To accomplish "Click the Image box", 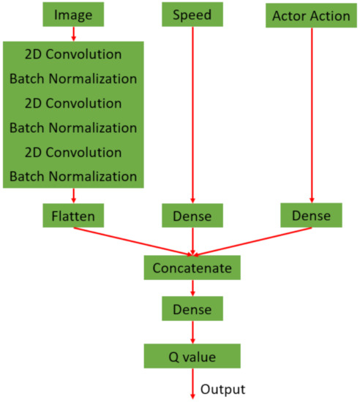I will click(x=73, y=15).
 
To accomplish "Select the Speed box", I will click(x=192, y=15).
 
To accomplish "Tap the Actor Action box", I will click(x=311, y=15).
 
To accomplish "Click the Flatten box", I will click(x=72, y=216).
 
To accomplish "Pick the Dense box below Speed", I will click(x=192, y=216).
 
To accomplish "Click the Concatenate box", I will click(x=192, y=268).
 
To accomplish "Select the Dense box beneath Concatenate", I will click(x=192, y=310).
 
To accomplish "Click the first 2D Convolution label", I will click(x=72, y=55).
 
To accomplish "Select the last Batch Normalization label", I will click(x=72, y=176).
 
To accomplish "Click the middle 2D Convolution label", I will click(x=72, y=103).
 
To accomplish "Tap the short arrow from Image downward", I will click(x=72, y=34).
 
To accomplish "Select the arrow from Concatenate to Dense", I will click(x=192, y=289).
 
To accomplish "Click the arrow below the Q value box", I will click(x=192, y=384).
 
